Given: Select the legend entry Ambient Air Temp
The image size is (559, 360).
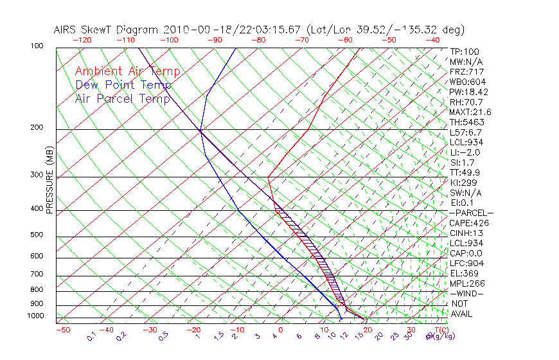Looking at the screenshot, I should coord(127,71).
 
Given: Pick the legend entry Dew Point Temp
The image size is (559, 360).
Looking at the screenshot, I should coord(123,85).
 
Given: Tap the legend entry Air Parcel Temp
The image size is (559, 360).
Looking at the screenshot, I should coord(122,98).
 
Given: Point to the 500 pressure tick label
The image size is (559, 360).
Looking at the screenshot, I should coord(37,235).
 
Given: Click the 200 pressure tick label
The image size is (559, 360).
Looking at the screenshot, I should coord(37,128).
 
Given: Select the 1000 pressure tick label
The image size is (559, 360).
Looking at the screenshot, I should coord(36,316).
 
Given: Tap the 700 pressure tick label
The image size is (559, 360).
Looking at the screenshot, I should coord(37,274).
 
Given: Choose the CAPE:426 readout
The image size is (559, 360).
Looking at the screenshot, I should coord(469,223).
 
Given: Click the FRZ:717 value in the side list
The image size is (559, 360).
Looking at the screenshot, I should coord(466,72).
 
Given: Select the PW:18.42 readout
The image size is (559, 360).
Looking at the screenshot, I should coord(469,92).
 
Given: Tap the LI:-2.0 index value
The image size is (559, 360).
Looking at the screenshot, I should coord(465,152).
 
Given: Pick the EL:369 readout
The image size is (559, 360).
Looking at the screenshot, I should coord(465,273).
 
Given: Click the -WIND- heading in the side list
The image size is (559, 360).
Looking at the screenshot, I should coord(467,293).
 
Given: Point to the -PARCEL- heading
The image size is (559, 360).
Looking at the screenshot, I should coord(471,213).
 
